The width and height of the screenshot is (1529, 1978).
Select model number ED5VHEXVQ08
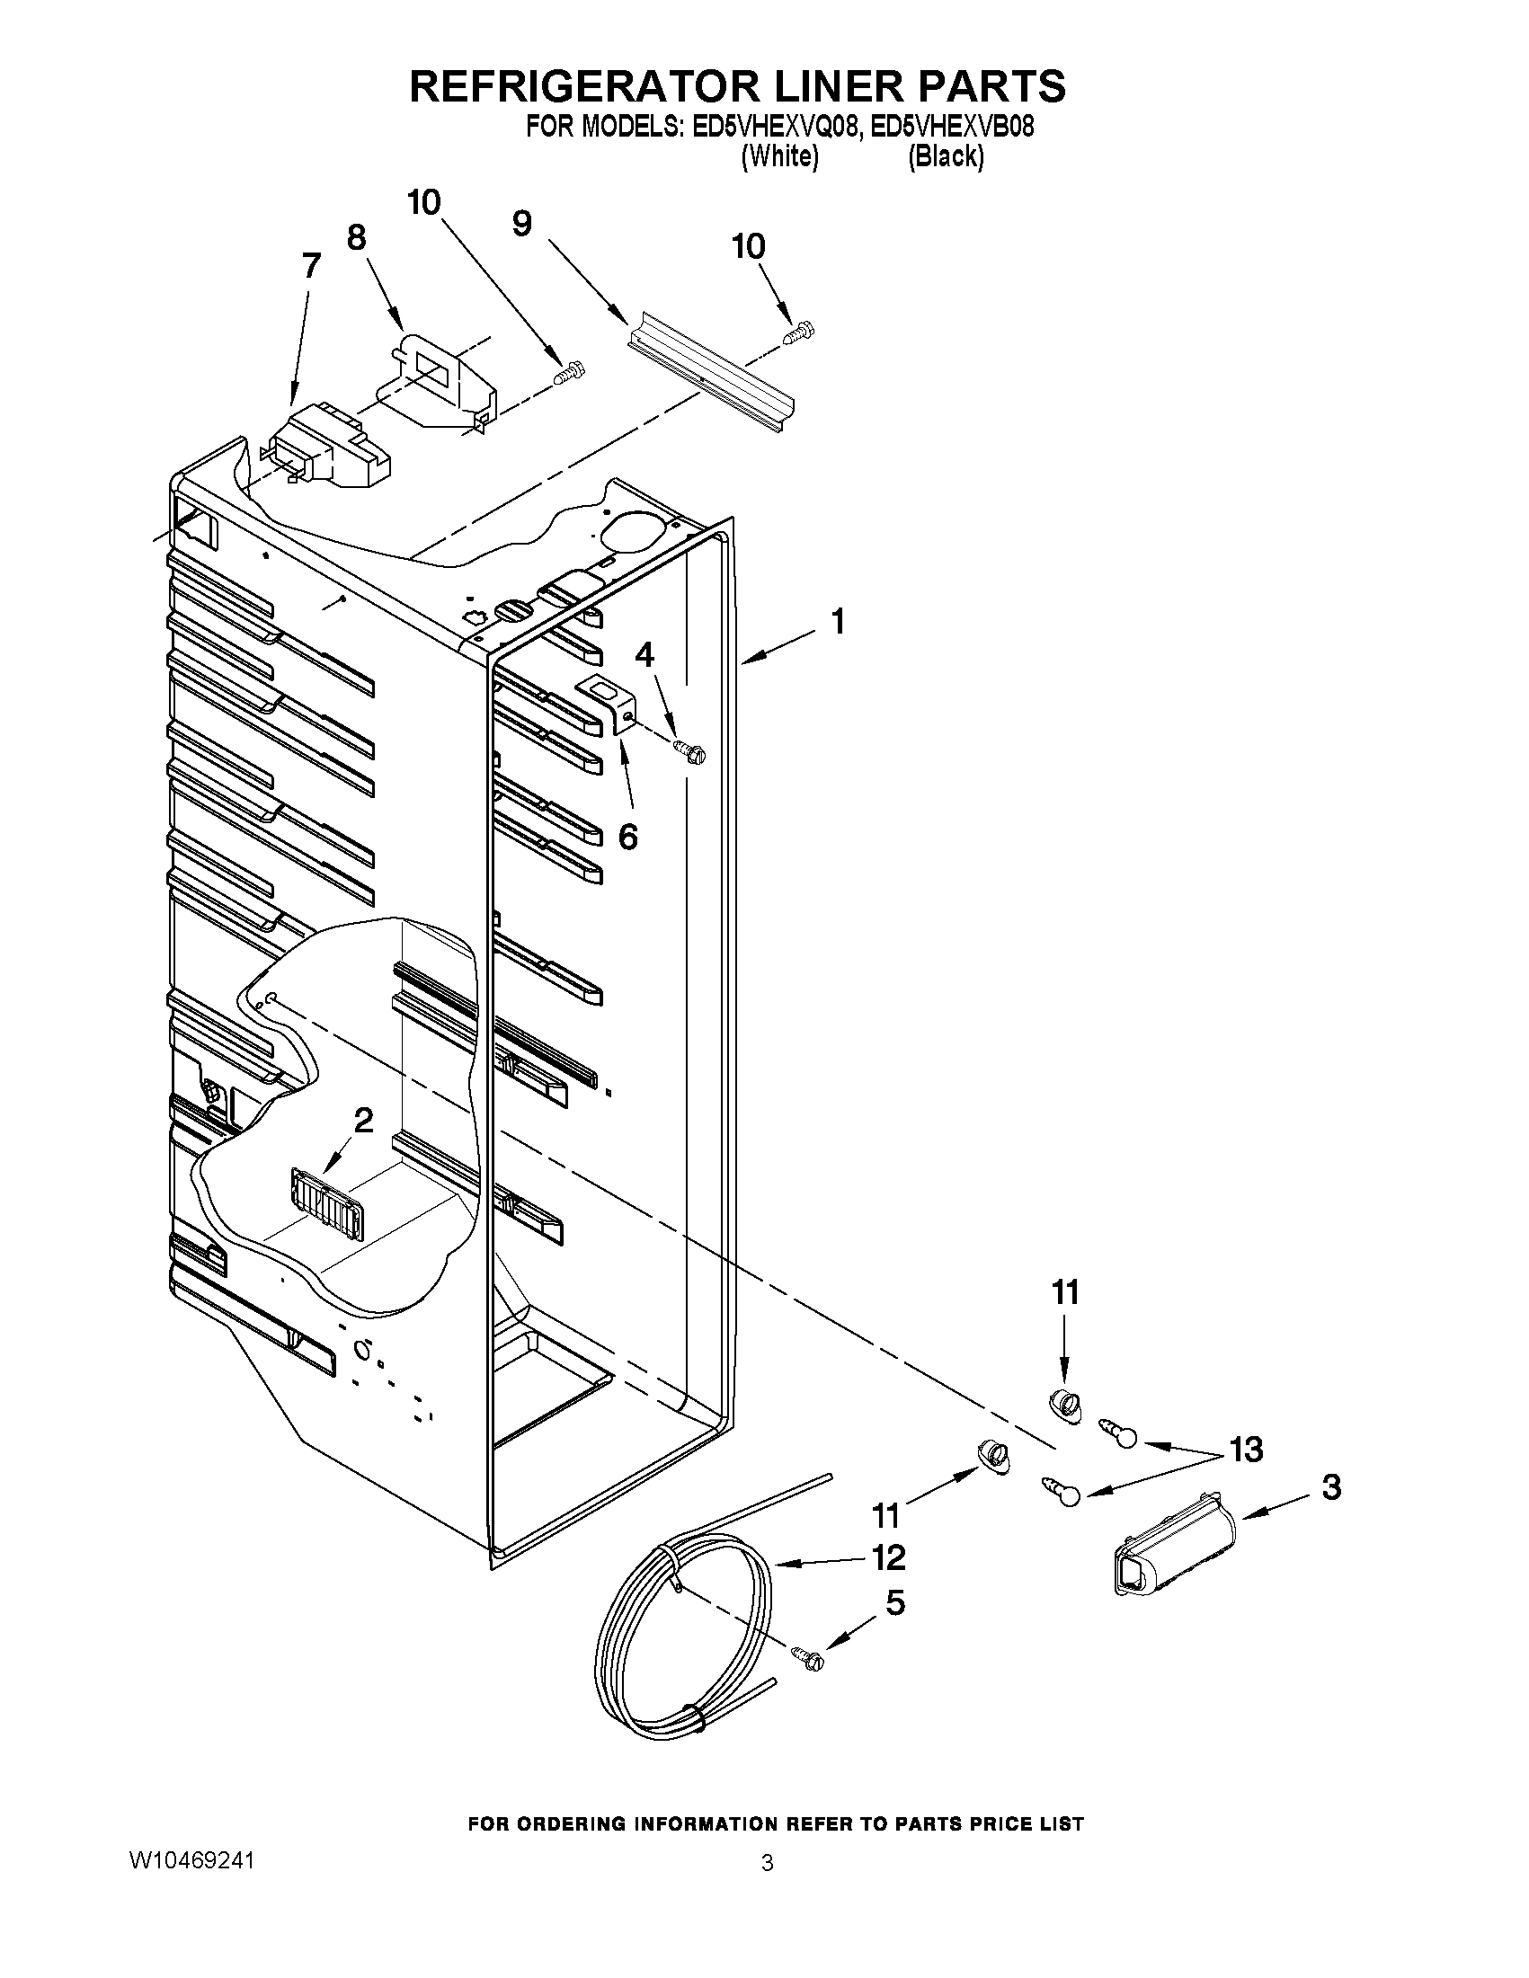(x=774, y=127)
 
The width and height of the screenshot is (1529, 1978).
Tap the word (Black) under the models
(x=946, y=156)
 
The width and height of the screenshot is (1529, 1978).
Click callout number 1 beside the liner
(x=838, y=622)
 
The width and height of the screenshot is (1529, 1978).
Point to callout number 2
(x=363, y=1122)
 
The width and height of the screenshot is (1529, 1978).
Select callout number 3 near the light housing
(x=1330, y=1487)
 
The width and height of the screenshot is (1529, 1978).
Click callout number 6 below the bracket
(x=627, y=837)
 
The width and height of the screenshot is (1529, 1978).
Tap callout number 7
(x=311, y=266)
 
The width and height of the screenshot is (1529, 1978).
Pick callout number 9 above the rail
(x=521, y=224)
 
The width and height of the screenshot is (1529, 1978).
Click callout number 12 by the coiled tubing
(x=889, y=1557)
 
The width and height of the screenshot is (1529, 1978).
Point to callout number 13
(x=1246, y=1450)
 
